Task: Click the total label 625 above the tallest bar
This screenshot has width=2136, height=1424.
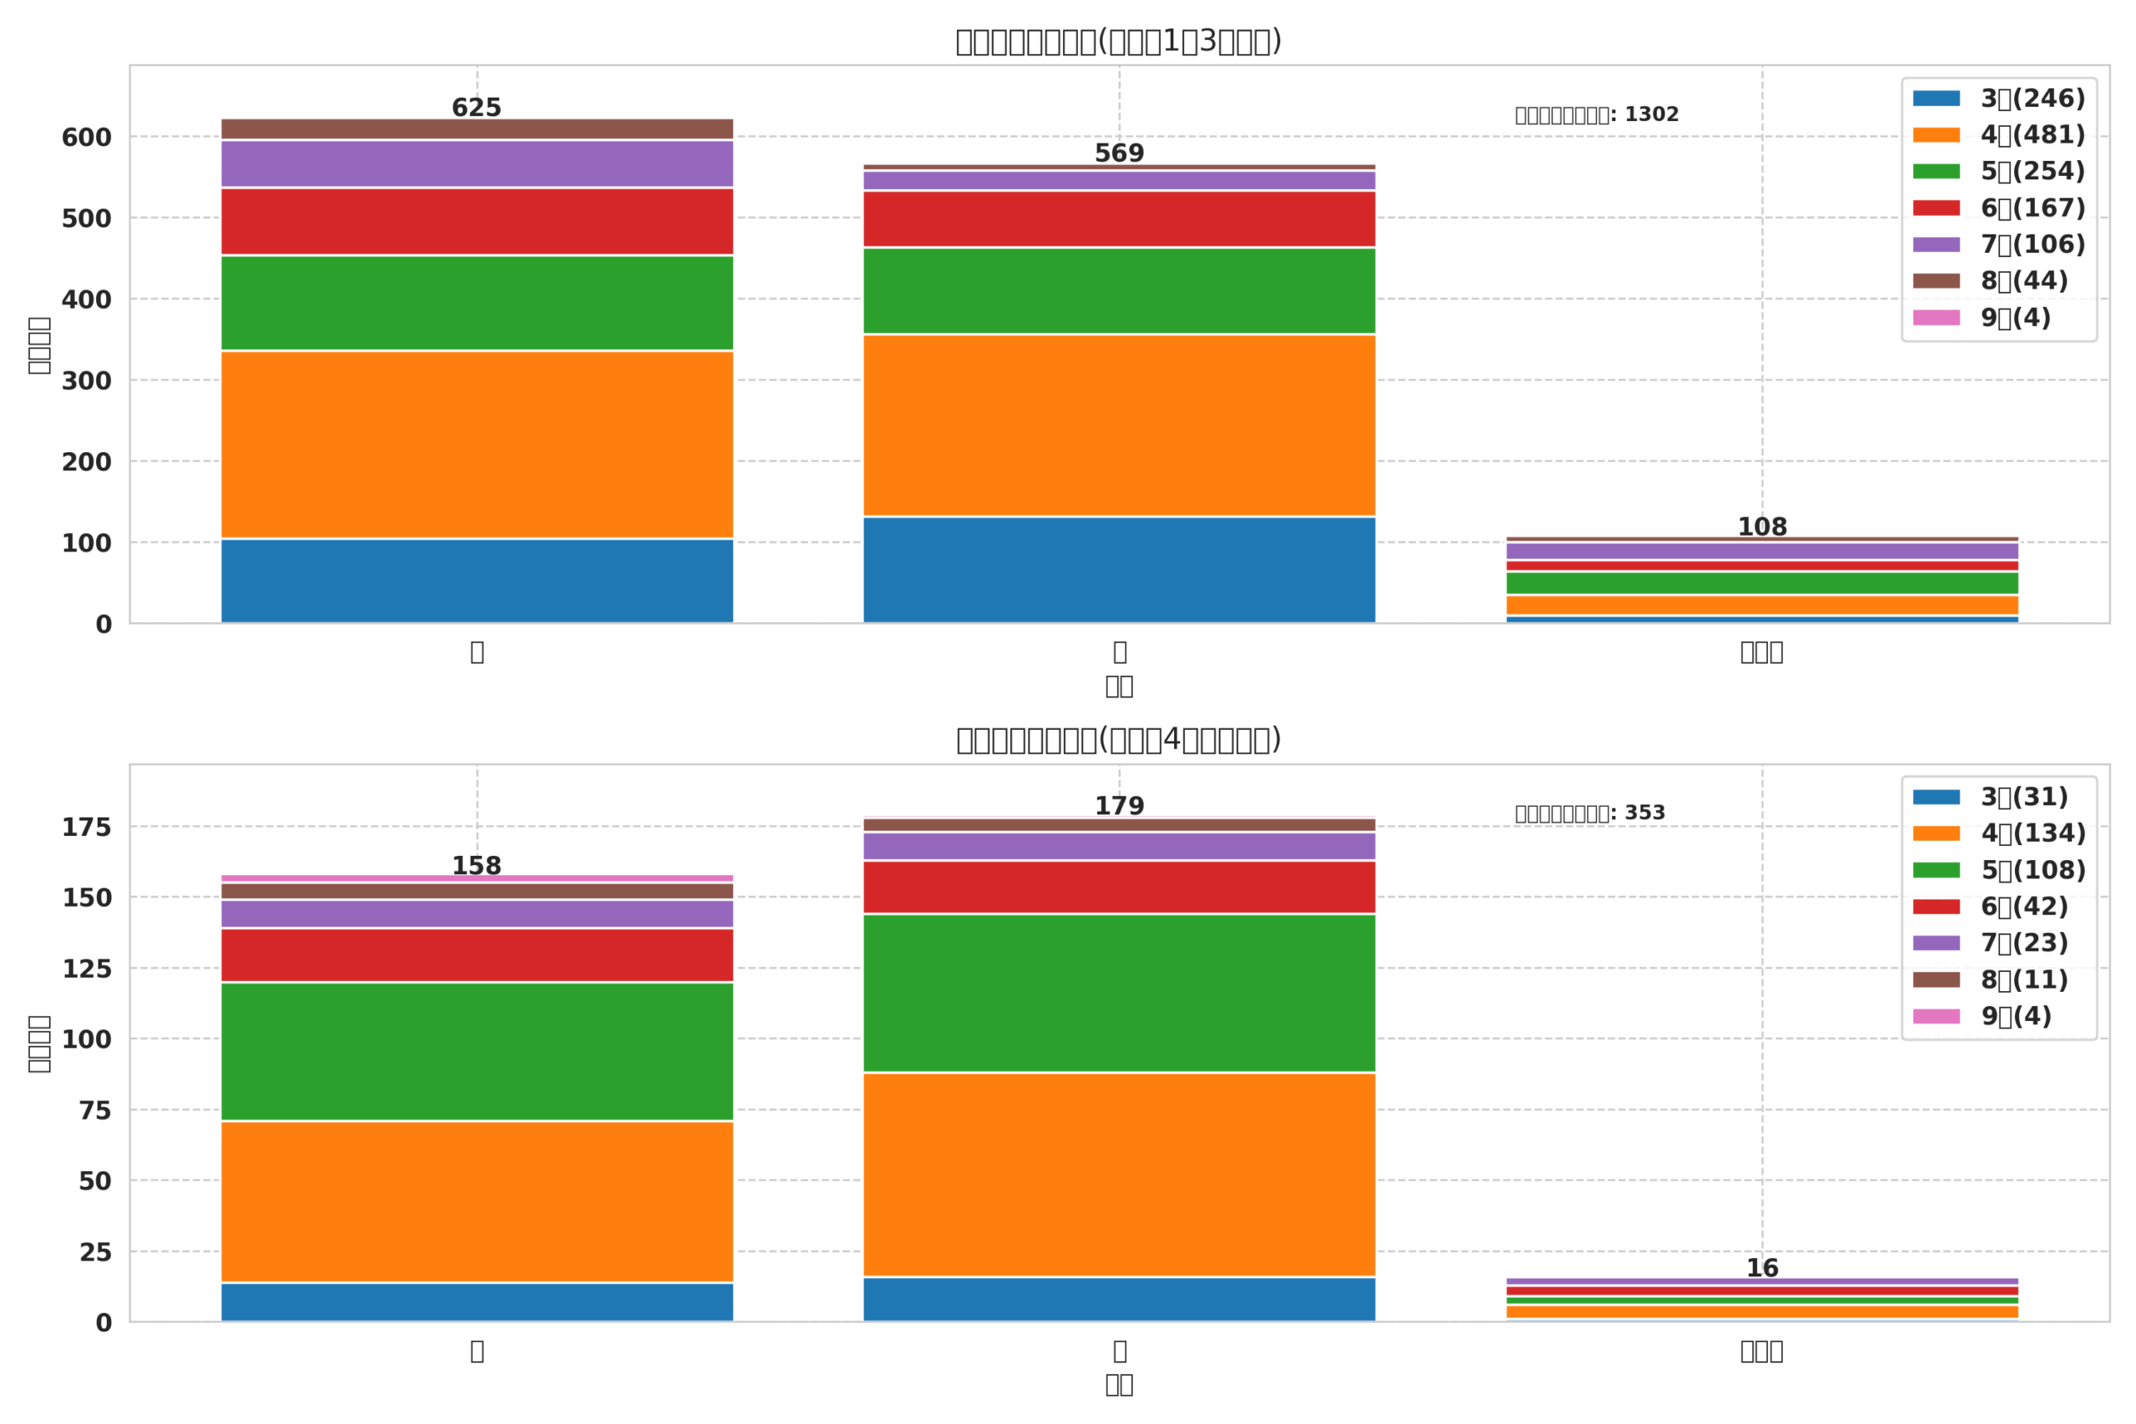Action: tap(476, 108)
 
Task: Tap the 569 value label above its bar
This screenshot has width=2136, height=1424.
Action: tap(1119, 153)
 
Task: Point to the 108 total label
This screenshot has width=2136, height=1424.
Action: tap(1762, 528)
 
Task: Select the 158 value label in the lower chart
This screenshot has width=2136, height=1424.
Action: tap(476, 867)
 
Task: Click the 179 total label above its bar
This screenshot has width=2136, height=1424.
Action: tap(1119, 807)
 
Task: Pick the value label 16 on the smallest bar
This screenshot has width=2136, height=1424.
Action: tap(1762, 1269)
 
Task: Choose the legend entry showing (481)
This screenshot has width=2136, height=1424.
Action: tap(1998, 135)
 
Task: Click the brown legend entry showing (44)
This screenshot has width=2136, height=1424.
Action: tap(1990, 281)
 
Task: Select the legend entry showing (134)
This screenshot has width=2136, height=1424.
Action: tap(1998, 833)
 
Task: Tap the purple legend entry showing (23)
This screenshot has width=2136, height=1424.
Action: tap(1990, 943)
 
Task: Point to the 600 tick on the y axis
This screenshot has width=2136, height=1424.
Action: tap(86, 138)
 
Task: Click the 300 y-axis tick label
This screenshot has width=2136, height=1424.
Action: tap(86, 381)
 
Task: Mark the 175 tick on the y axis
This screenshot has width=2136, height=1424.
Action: tap(86, 828)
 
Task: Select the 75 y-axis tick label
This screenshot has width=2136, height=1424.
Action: tap(94, 1110)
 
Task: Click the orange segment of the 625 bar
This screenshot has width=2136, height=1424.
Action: tap(476, 444)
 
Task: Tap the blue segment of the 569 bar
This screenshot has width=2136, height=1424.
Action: tap(1119, 570)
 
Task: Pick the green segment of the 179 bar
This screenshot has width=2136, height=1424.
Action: tap(1119, 994)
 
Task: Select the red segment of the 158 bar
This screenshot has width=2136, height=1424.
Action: tap(476, 954)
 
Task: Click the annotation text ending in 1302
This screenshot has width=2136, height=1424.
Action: tap(1596, 115)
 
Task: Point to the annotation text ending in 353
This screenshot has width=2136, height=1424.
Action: tap(1589, 813)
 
